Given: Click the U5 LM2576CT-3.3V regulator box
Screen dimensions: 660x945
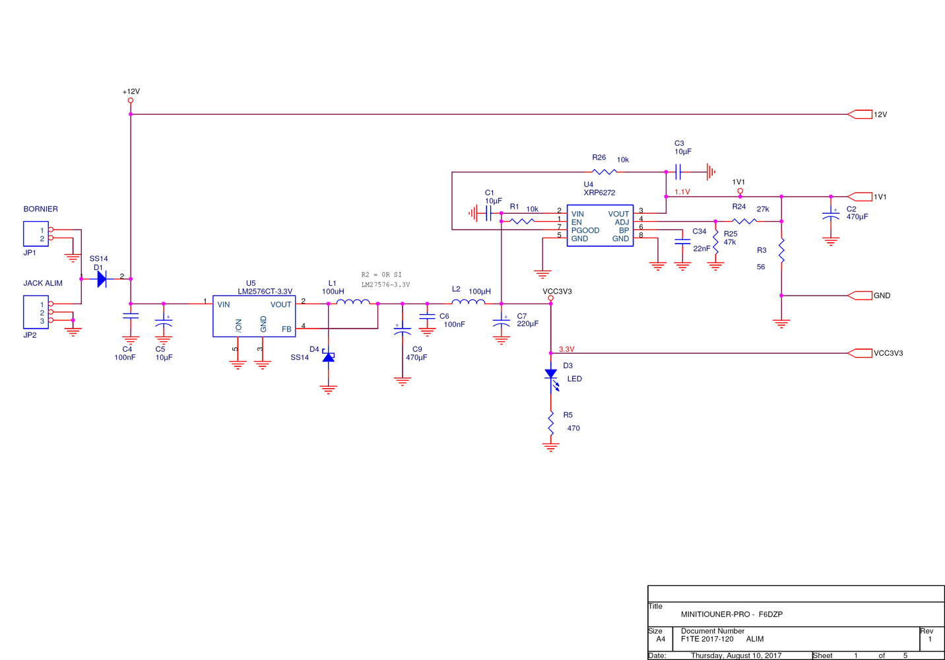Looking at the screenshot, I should pyautogui.click(x=253, y=316).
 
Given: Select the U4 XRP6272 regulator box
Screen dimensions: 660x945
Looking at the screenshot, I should pyautogui.click(x=600, y=226).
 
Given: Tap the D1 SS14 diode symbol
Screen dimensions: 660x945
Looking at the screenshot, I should pyautogui.click(x=102, y=279).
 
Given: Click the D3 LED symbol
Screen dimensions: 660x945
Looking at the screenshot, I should pyautogui.click(x=551, y=374).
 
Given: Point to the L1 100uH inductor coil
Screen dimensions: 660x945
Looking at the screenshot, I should pyautogui.click(x=353, y=302).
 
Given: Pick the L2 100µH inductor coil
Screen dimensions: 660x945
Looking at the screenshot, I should pyautogui.click(x=469, y=302).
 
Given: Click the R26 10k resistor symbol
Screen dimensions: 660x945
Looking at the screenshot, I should pyautogui.click(x=604, y=172).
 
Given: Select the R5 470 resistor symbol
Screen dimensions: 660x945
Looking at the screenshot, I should pyautogui.click(x=550, y=422).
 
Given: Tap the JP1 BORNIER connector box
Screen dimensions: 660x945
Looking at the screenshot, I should pyautogui.click(x=36, y=234).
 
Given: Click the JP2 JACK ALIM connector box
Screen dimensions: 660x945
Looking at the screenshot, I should pyautogui.click(x=36, y=312).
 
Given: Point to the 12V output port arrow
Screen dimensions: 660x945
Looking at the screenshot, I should pyautogui.click(x=859, y=114).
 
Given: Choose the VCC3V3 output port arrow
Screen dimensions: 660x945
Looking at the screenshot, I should pyautogui.click(x=859, y=353).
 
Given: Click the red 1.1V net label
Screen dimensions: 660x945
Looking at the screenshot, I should pyautogui.click(x=682, y=192).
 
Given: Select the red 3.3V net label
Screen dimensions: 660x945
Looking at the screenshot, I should pyautogui.click(x=566, y=349).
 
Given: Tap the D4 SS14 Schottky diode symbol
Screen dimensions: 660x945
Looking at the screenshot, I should pyautogui.click(x=328, y=357).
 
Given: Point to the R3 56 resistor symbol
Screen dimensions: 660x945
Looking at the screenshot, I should pyautogui.click(x=781, y=251).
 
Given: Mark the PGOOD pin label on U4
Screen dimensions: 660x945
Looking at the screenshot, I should pyautogui.click(x=585, y=230).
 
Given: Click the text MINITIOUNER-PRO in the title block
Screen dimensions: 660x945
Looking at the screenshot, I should pyautogui.click(x=715, y=614).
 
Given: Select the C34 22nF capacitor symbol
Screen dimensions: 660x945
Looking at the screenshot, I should pyautogui.click(x=682, y=242).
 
